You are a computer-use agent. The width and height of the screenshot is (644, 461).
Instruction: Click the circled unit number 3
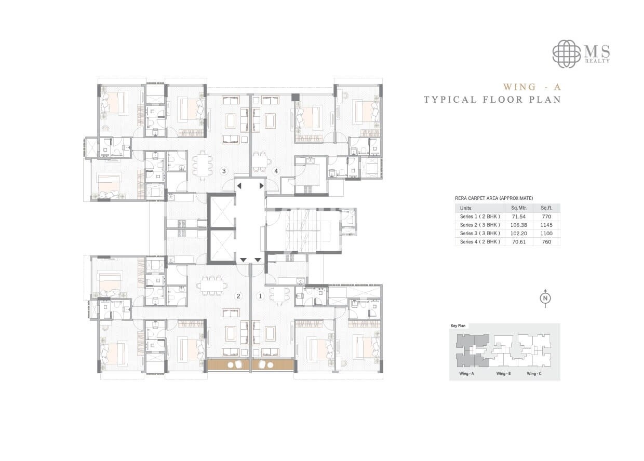pyautogui.click(x=224, y=171)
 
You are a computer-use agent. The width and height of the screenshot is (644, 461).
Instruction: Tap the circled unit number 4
pyautogui.click(x=276, y=171)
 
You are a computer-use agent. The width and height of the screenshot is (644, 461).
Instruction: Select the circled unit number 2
pyautogui.click(x=238, y=296)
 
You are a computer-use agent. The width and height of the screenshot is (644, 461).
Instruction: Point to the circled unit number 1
pyautogui.click(x=260, y=296)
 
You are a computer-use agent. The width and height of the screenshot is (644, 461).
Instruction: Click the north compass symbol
pyautogui.click(x=545, y=298)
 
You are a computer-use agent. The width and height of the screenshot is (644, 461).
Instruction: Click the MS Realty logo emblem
pyautogui.click(x=567, y=53)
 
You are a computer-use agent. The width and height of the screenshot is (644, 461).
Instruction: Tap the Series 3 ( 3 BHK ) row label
pyautogui.click(x=480, y=234)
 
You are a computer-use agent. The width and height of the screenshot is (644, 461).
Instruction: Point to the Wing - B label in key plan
pyautogui.click(x=503, y=374)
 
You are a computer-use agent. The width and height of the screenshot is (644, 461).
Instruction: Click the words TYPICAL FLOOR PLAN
pyautogui.click(x=492, y=100)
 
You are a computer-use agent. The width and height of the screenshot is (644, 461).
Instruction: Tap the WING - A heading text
pyautogui.click(x=532, y=87)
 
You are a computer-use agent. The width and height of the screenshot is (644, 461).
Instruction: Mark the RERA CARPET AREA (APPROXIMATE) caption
pyautogui.click(x=493, y=198)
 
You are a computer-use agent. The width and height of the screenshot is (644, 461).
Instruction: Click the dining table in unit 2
pyautogui.click(x=213, y=284)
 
